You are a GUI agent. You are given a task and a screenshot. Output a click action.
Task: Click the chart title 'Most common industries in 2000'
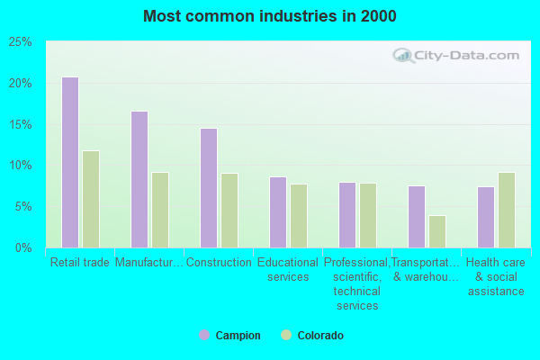(x=269, y=16)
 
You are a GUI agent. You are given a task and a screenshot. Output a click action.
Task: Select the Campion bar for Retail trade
(x=70, y=162)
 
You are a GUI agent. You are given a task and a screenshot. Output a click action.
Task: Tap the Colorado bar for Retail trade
(x=91, y=199)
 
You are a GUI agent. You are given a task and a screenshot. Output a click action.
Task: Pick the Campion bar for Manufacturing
(x=139, y=179)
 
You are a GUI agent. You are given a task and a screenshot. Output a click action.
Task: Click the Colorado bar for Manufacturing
(x=160, y=210)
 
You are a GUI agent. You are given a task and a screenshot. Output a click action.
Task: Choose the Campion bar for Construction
(x=209, y=187)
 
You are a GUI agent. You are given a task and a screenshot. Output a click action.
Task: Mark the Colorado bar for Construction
(x=229, y=211)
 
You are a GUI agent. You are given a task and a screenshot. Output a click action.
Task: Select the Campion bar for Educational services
(x=278, y=211)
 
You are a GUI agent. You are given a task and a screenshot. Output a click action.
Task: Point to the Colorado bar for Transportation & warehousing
(x=437, y=231)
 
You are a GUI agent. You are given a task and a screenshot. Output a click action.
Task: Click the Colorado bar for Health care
(x=507, y=210)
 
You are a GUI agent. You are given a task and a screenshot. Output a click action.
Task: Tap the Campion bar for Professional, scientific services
(x=347, y=214)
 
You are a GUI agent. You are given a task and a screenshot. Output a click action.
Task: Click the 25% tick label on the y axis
(x=21, y=42)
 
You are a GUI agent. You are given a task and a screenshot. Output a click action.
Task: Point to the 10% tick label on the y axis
(x=21, y=166)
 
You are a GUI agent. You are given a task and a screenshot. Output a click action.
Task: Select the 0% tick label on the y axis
(x=24, y=247)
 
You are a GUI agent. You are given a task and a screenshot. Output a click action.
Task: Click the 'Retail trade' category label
(x=80, y=263)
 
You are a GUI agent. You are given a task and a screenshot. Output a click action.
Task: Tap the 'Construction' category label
(x=219, y=263)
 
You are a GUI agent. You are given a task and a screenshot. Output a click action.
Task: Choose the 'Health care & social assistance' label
(x=496, y=276)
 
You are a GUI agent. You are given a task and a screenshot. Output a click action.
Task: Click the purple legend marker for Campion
(x=204, y=336)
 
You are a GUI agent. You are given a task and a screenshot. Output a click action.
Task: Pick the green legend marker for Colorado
(x=287, y=336)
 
